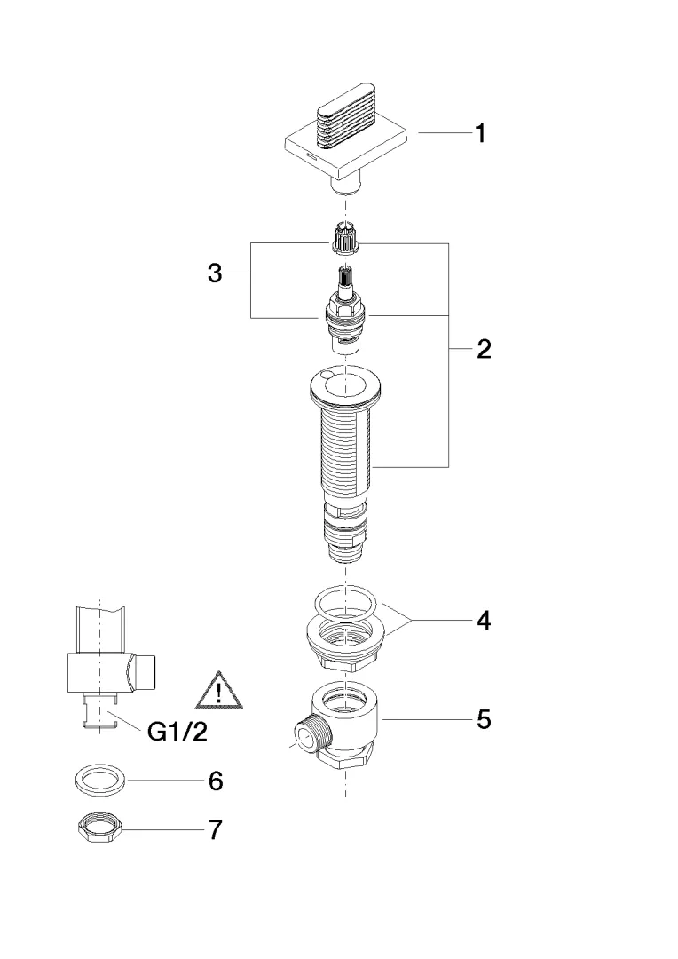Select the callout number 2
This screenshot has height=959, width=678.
click(483, 349)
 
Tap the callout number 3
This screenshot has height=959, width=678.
click(215, 273)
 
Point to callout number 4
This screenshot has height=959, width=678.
click(483, 621)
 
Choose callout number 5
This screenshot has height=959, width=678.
click(483, 718)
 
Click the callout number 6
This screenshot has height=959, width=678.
click(215, 781)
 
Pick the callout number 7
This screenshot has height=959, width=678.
click(215, 830)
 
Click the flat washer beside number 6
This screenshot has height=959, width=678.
click(98, 781)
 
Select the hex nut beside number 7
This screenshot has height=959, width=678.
click(97, 830)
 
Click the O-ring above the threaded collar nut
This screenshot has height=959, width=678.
click(348, 603)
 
